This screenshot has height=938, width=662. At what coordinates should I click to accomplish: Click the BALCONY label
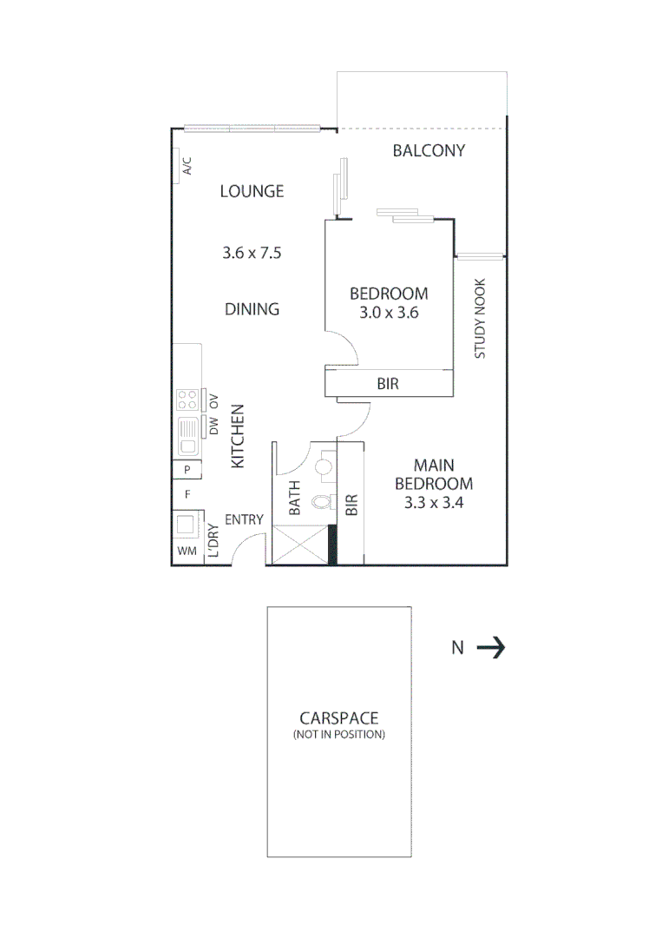429,150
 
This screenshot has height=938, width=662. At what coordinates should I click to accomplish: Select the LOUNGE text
252,191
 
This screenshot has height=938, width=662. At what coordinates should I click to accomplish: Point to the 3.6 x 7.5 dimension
252,254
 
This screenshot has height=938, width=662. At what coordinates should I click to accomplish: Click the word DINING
252,308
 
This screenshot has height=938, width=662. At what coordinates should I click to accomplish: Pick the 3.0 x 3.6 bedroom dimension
389,313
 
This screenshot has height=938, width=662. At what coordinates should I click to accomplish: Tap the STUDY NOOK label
480,319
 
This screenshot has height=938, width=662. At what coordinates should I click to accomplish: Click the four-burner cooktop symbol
187,400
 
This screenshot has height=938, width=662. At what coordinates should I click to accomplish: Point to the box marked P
187,470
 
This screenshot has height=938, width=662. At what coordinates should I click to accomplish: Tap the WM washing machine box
187,551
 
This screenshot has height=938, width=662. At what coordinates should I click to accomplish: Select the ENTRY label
244,520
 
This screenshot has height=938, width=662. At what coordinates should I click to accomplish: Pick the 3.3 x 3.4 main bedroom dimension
433,502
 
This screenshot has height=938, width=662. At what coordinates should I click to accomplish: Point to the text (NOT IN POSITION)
339,735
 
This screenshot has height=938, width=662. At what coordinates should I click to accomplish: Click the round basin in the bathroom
324,467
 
